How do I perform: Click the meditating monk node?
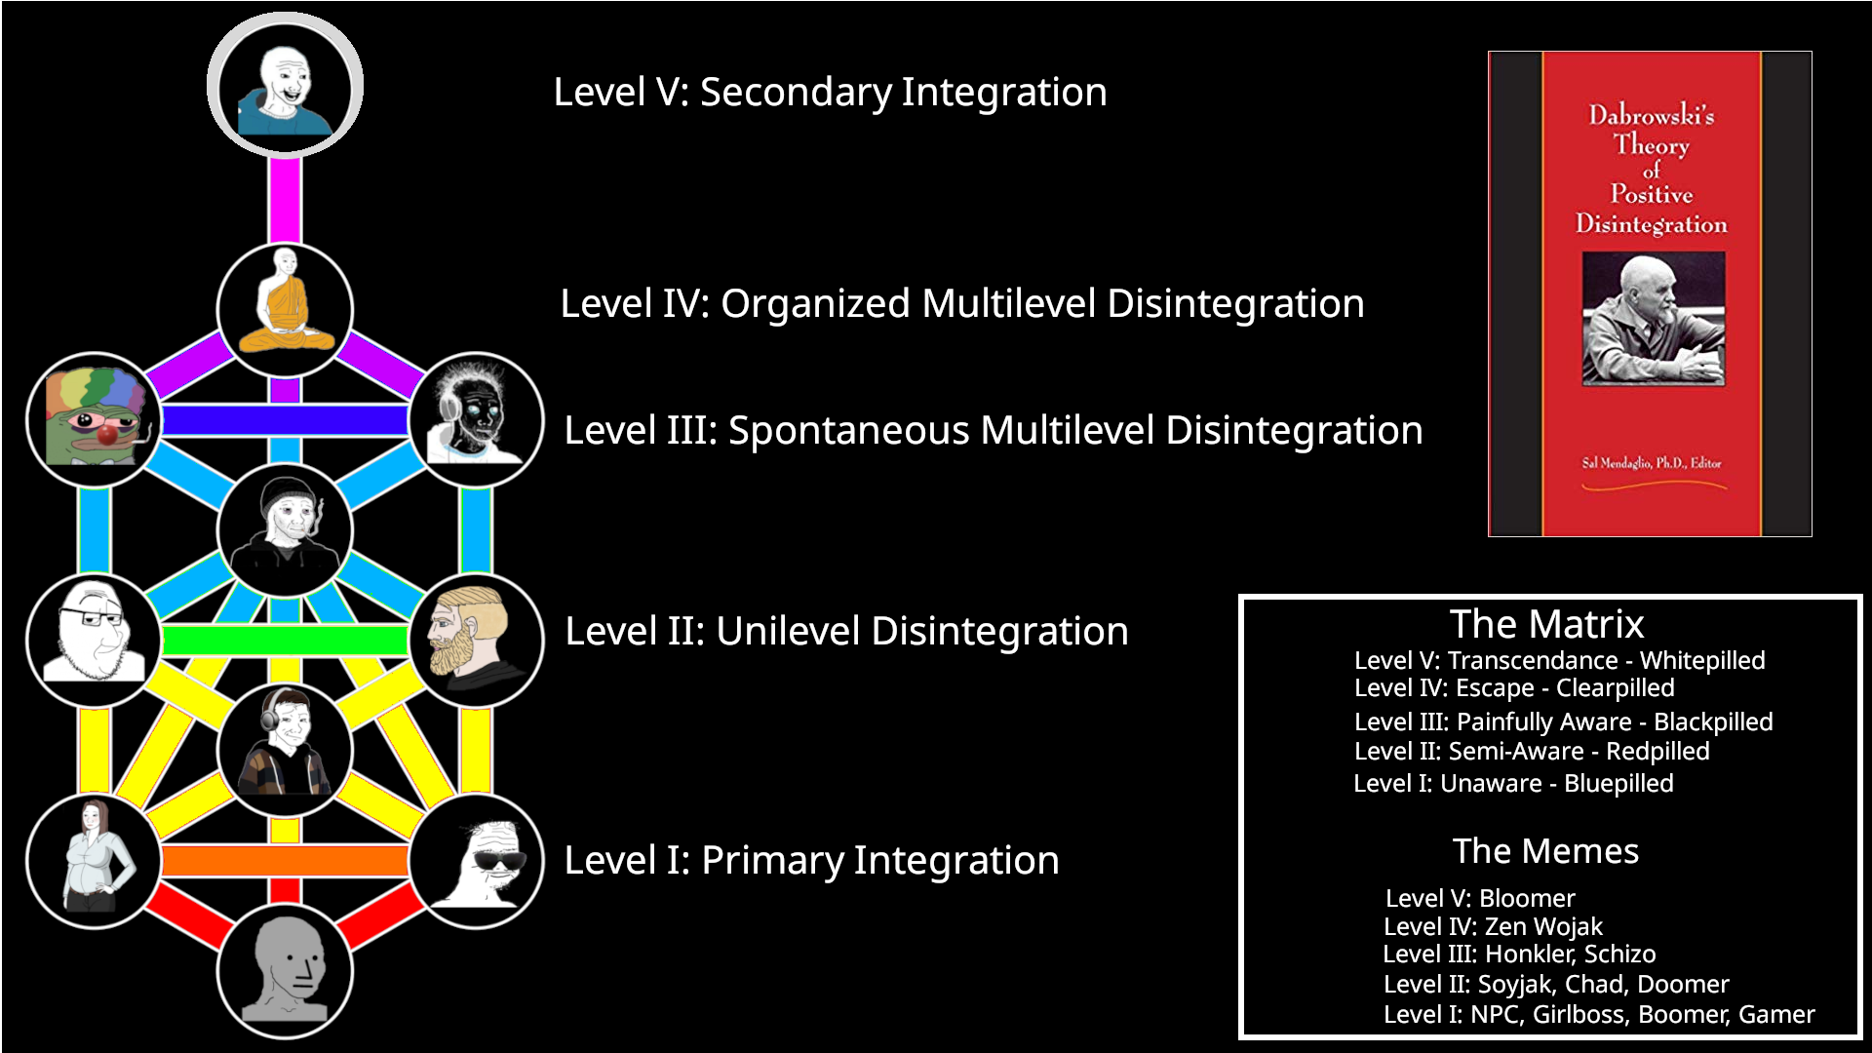(x=285, y=310)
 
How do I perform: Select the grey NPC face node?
(x=285, y=971)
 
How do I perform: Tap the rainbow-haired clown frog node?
(x=94, y=420)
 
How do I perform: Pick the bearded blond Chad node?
(x=476, y=640)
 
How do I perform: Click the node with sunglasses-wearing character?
(x=476, y=861)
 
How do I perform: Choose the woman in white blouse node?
(x=94, y=861)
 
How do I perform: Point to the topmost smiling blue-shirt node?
(x=285, y=86)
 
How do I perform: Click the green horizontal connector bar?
(x=285, y=641)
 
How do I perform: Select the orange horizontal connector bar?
(x=285, y=861)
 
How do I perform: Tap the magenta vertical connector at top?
(x=285, y=200)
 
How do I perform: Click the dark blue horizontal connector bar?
(x=285, y=420)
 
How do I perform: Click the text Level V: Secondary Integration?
(x=830, y=92)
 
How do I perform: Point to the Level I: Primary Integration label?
(x=811, y=860)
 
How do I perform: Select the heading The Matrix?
(x=1546, y=624)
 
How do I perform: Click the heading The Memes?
(x=1545, y=851)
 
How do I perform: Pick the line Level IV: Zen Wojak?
(x=1493, y=926)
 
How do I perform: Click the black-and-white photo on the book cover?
(x=1653, y=318)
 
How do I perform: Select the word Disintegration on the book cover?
(x=1651, y=224)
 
